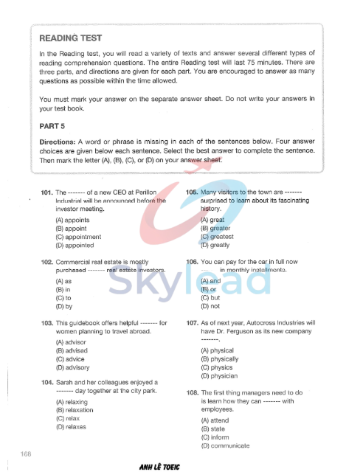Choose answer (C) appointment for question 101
click(79, 237)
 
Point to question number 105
click(192, 192)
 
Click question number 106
click(192, 262)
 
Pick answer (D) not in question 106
click(210, 306)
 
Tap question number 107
click(192, 323)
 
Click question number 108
click(192, 393)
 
